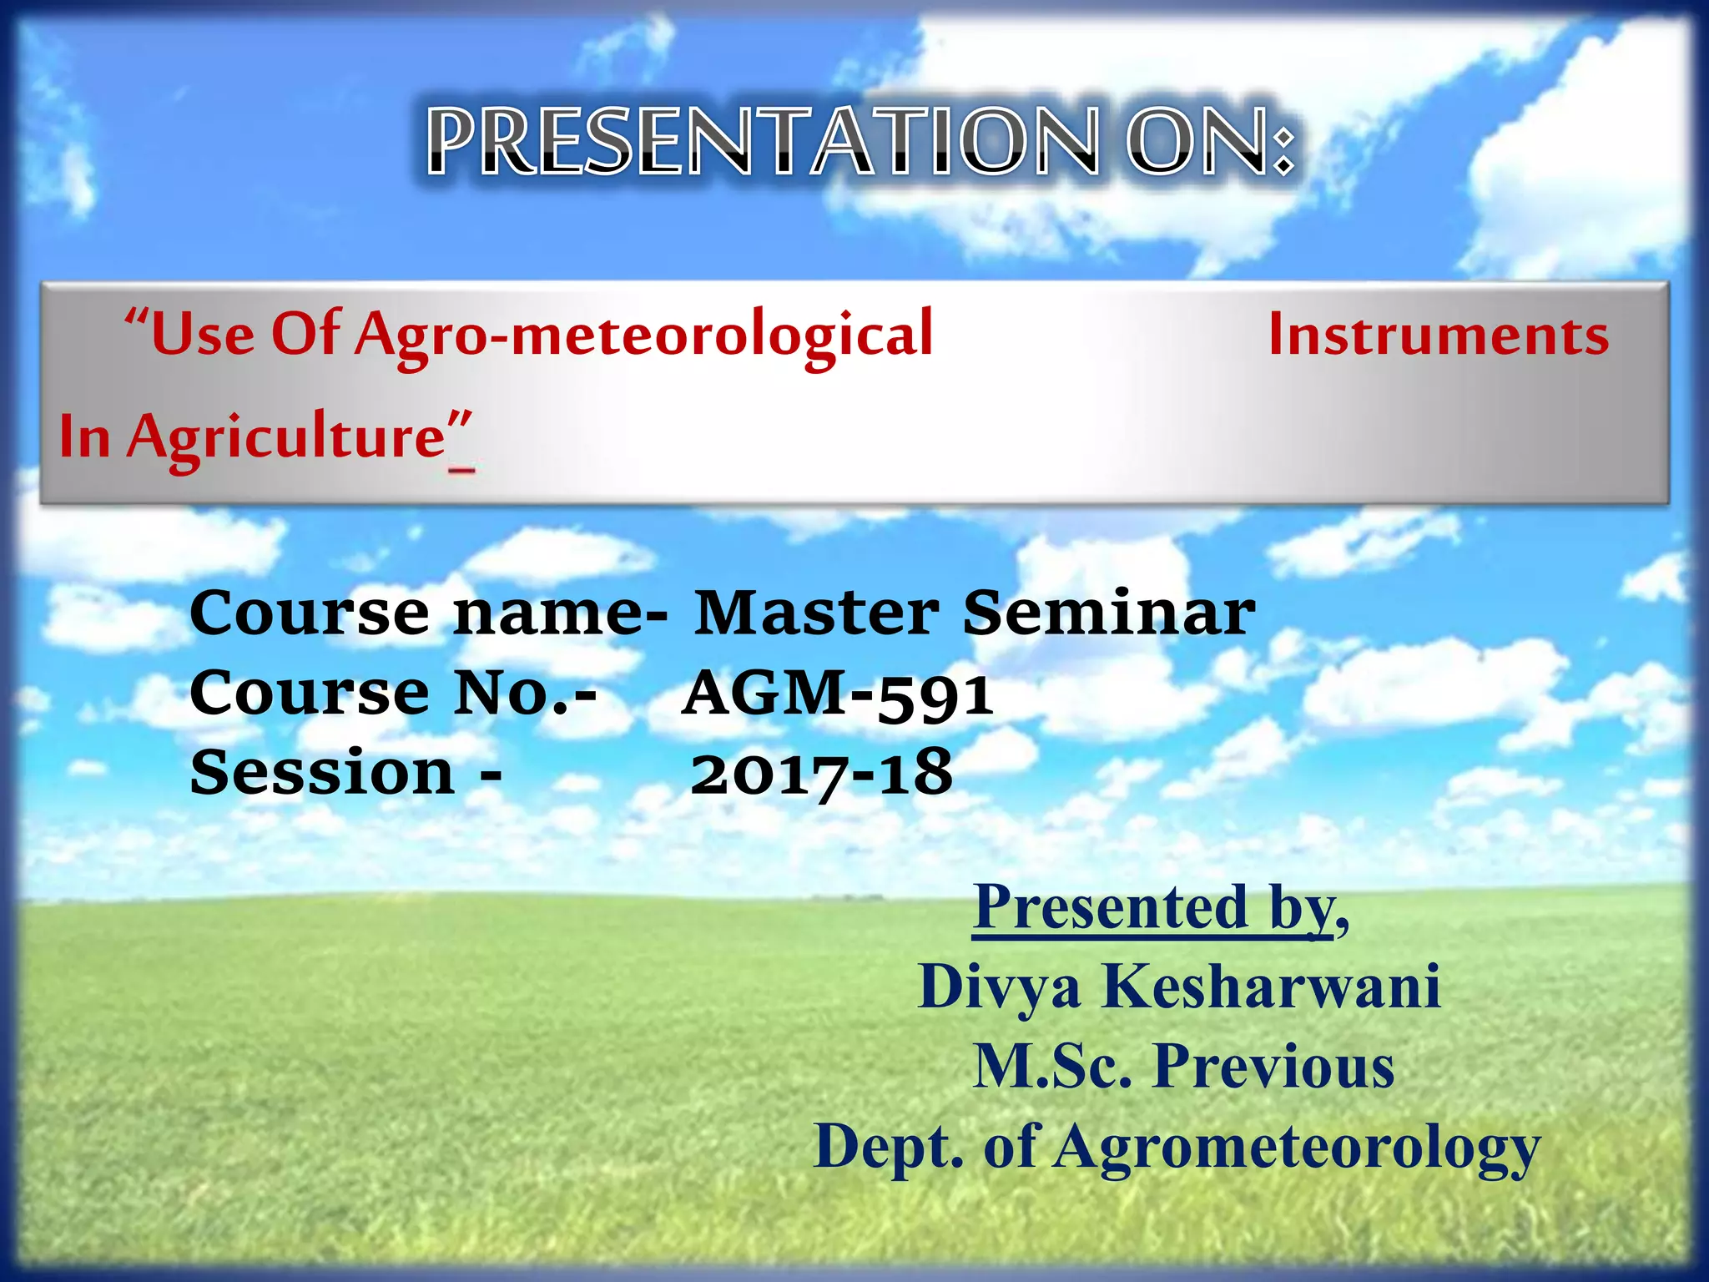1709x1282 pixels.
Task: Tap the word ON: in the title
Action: tap(1211, 142)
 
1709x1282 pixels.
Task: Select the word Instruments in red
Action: tap(1438, 335)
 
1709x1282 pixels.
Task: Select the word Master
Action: tap(817, 613)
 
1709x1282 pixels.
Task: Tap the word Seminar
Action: tap(1109, 613)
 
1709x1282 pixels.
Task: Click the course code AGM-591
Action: tap(838, 694)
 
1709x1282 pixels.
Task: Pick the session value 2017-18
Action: tap(821, 774)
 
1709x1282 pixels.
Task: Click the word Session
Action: tap(322, 772)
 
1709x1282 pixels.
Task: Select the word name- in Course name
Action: tap(561, 614)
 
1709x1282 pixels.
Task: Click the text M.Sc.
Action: tap(1052, 1067)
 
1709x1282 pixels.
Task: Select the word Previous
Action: tap(1273, 1067)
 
